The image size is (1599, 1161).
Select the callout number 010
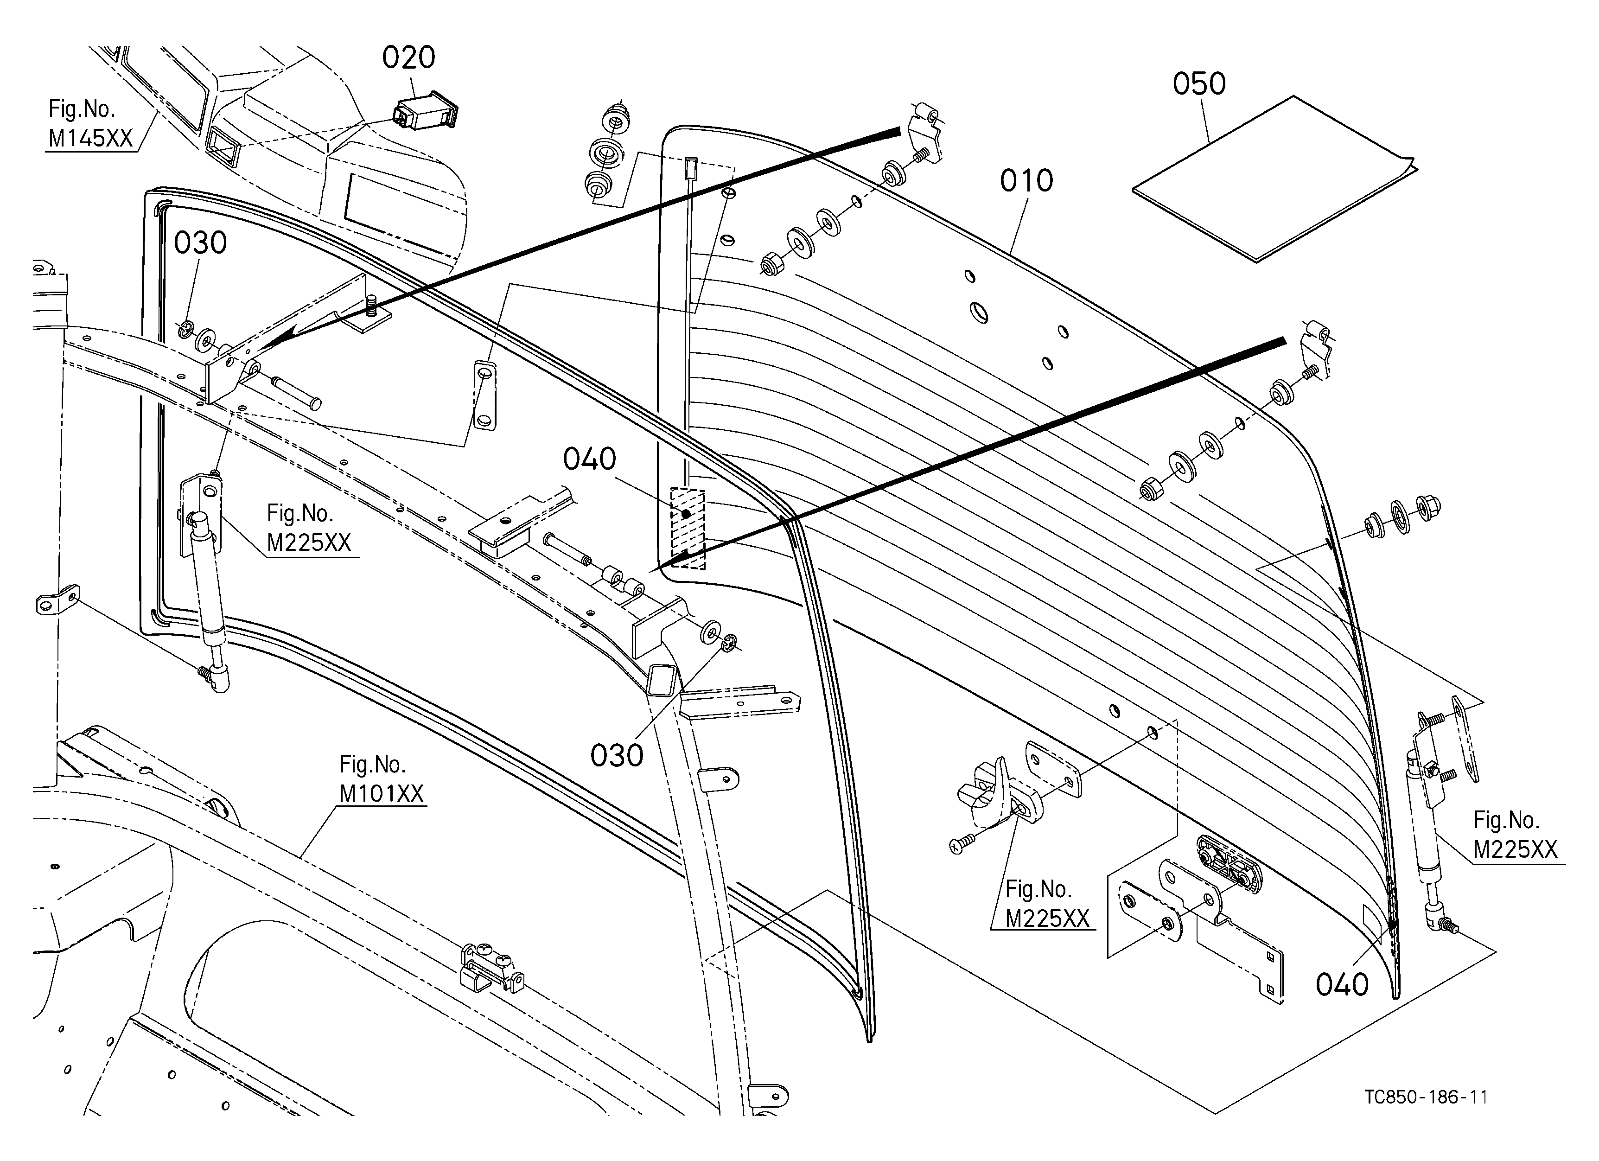coord(1026,181)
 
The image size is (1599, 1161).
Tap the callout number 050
coord(1199,84)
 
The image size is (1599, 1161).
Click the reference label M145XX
coord(91,138)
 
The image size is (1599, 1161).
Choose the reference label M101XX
coord(382,794)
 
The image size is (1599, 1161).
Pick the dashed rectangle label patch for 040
coord(688,529)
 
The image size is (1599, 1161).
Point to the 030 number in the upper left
coord(200,243)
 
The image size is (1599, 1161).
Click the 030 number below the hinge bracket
coord(617,756)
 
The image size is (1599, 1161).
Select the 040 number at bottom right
coord(1342,985)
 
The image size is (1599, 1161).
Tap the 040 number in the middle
coord(589,459)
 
